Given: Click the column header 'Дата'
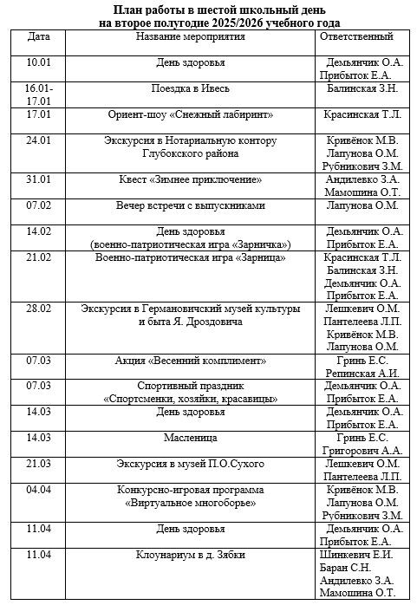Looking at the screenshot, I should (38, 37).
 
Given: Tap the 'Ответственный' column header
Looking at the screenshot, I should (356, 37).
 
